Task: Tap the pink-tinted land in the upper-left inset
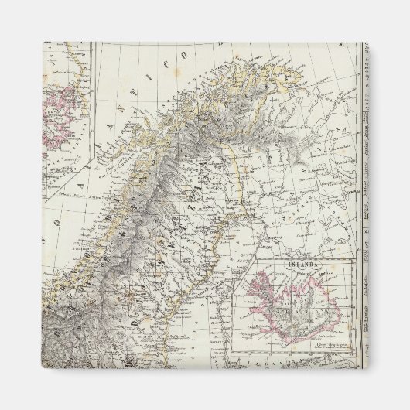pyautogui.click(x=65, y=116)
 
